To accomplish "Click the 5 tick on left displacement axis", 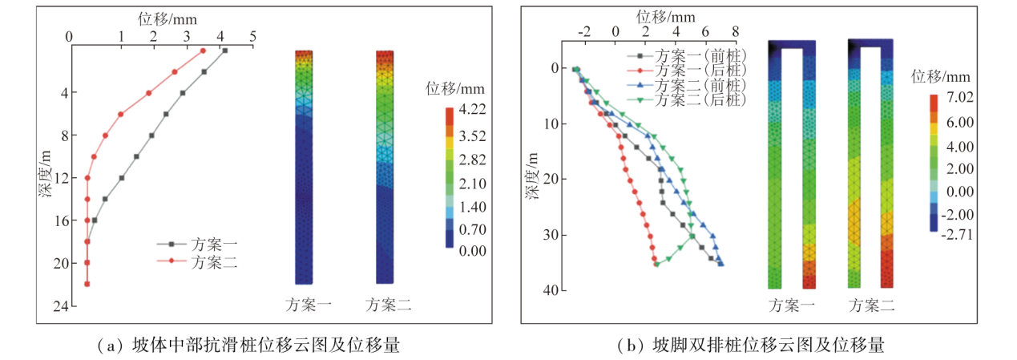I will coord(253,35).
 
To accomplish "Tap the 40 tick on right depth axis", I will coord(551,290).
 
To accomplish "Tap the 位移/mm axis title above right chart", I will coord(666,15).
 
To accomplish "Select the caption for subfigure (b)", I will coord(751,346).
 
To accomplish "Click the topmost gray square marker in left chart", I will coord(225,51).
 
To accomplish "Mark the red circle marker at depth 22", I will coord(87,284).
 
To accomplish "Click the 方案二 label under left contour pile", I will coord(389,305).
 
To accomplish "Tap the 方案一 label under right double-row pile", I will coord(792,305).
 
